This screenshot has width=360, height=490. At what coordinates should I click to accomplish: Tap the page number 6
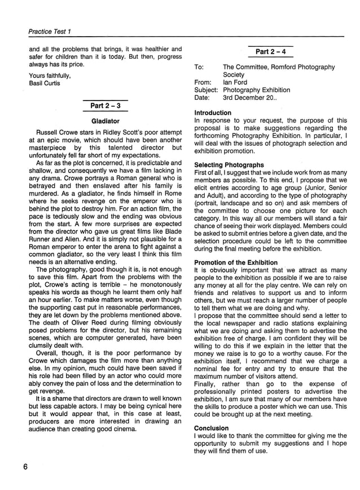[26, 466]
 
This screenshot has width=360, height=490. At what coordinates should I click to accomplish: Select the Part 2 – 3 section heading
[105, 106]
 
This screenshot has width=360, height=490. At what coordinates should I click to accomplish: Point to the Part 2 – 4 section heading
[270, 52]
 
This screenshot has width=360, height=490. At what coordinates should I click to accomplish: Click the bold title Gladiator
[105, 121]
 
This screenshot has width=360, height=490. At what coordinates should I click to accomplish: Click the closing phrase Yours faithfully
[50, 76]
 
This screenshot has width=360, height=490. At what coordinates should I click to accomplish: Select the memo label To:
[199, 67]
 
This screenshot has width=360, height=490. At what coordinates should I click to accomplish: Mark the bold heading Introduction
[213, 113]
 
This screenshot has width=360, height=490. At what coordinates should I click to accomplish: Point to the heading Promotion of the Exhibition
[236, 262]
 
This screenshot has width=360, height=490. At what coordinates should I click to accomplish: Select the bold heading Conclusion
[211, 428]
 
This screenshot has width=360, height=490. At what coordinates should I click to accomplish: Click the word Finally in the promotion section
[207, 384]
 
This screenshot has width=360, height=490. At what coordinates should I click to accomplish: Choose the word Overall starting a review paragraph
[49, 354]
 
